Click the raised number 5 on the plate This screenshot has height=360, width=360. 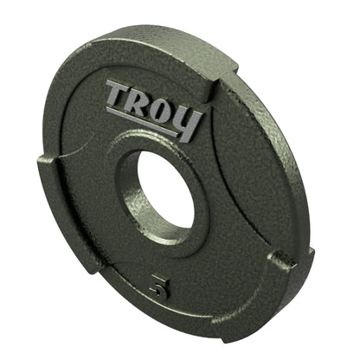(157, 288)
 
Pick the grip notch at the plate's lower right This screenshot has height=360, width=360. (281, 259)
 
